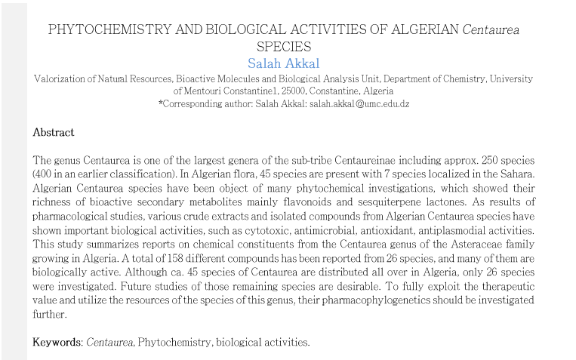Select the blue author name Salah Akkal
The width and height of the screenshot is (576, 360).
coord(284,63)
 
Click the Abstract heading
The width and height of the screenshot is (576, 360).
coord(54,133)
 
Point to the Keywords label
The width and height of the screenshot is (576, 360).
coord(57,342)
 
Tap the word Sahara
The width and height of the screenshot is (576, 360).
coord(516,174)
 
